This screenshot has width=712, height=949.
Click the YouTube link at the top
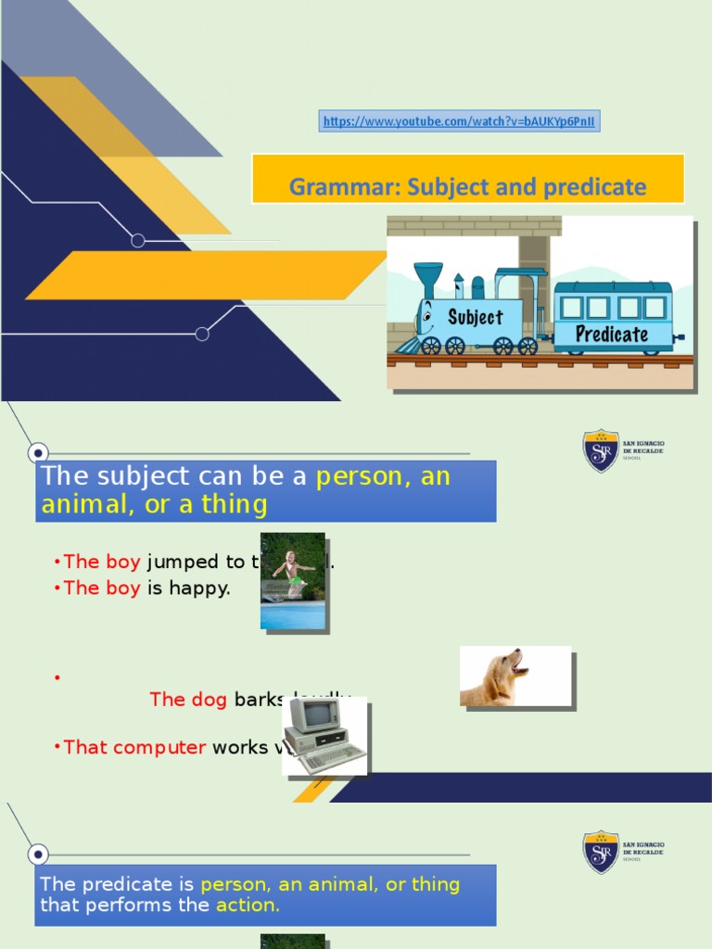(x=460, y=121)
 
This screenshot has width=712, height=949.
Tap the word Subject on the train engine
(x=475, y=317)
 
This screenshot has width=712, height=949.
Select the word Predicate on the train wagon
(x=612, y=334)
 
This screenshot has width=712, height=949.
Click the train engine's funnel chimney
(x=427, y=279)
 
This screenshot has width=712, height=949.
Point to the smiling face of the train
(x=426, y=321)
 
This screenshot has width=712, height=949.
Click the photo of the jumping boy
(x=293, y=581)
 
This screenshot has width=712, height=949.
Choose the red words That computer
(x=134, y=747)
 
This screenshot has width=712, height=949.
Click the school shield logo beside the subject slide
(x=601, y=450)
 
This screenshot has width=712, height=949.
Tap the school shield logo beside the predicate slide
(x=601, y=851)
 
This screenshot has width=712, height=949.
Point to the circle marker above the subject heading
(x=38, y=453)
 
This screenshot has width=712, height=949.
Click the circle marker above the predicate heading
(x=38, y=854)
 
